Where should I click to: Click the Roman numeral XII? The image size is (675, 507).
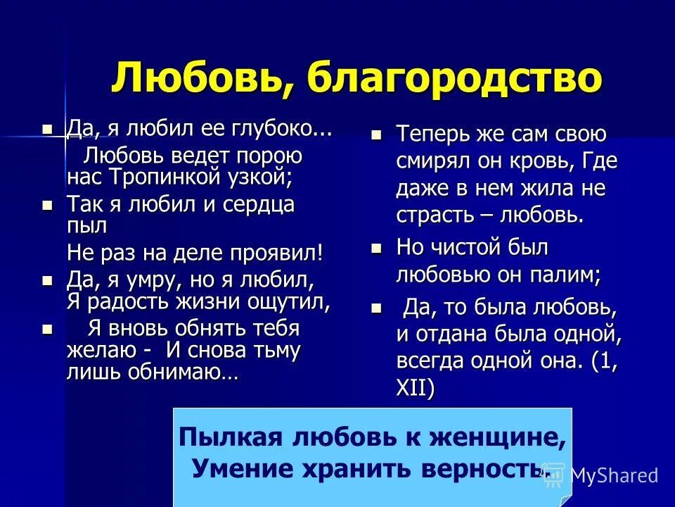click(415, 387)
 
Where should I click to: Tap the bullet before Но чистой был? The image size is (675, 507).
click(377, 248)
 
